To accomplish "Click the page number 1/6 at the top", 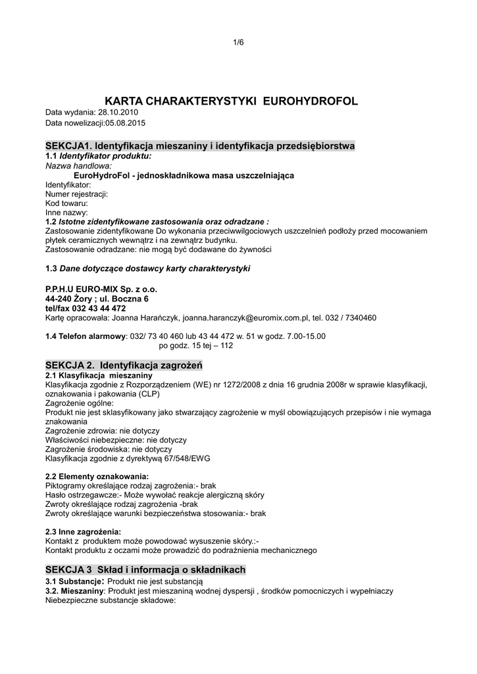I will click(238, 43).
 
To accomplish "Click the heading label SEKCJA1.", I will click(68, 145).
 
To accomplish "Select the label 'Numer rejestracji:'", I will click(76, 194).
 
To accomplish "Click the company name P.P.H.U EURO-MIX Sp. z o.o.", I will click(101, 289).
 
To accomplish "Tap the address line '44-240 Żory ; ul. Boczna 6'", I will click(97, 298).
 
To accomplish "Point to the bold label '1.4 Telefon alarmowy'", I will click(86, 336).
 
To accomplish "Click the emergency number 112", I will click(226, 345).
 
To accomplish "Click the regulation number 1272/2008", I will click(243, 384).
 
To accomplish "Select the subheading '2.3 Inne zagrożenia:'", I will click(83, 531).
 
